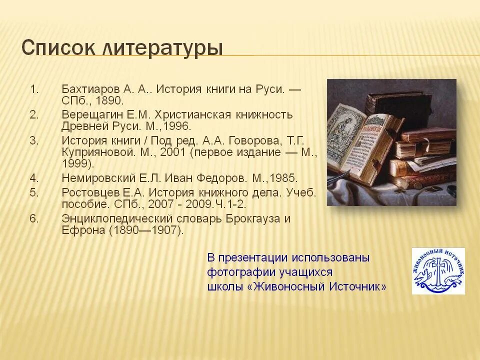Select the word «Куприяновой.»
(x=95, y=152)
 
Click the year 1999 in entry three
(x=76, y=163)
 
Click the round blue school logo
(x=438, y=271)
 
